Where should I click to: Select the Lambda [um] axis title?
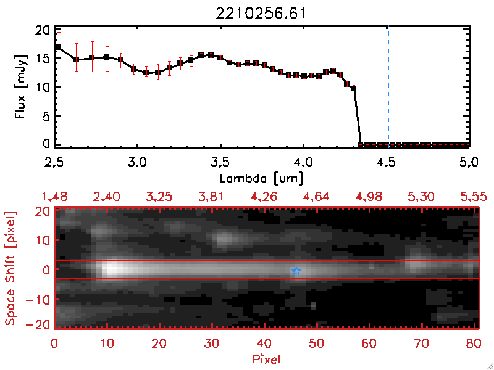(x=263, y=177)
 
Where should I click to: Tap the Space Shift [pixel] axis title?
(x=9, y=268)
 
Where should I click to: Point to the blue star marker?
(x=296, y=271)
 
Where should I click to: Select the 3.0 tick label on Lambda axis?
(x=137, y=163)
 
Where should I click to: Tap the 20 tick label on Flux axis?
(x=43, y=30)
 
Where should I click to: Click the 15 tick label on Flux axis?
(x=43, y=59)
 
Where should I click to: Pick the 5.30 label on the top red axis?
(x=421, y=197)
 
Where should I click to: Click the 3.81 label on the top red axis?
(x=212, y=197)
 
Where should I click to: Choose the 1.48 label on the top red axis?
(x=54, y=197)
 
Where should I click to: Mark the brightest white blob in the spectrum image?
(x=112, y=269)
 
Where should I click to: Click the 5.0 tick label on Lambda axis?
(x=469, y=163)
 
